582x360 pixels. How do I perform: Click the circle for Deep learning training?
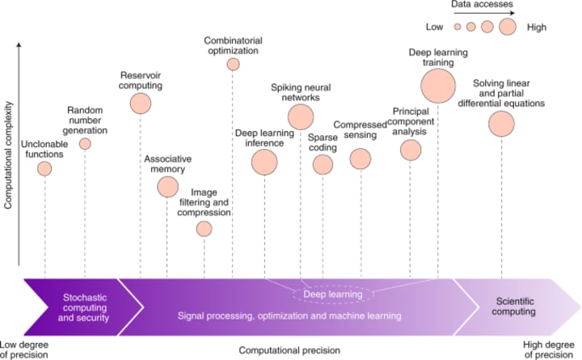(x=438, y=85)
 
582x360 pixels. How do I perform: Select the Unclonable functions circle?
(x=45, y=168)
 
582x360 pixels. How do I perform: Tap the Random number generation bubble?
(x=85, y=144)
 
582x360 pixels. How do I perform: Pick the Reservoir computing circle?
(x=141, y=103)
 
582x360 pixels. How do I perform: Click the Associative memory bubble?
(x=167, y=187)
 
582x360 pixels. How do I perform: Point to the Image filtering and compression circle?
(x=204, y=229)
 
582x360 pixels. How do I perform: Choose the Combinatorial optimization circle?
(x=233, y=64)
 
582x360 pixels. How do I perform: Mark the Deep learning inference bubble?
(x=264, y=163)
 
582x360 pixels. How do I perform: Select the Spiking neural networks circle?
(x=301, y=116)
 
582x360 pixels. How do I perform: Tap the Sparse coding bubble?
(x=323, y=164)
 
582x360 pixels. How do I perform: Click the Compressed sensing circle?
(x=361, y=159)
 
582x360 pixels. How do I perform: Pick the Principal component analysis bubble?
(x=411, y=150)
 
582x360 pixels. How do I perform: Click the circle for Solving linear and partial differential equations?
(x=501, y=124)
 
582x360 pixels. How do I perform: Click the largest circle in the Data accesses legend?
(x=508, y=27)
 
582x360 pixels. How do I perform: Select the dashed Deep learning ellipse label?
(x=332, y=294)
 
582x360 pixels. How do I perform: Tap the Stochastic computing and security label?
(x=85, y=305)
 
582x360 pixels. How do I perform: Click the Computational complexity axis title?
(x=8, y=156)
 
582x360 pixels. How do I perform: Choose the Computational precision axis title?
(x=289, y=350)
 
